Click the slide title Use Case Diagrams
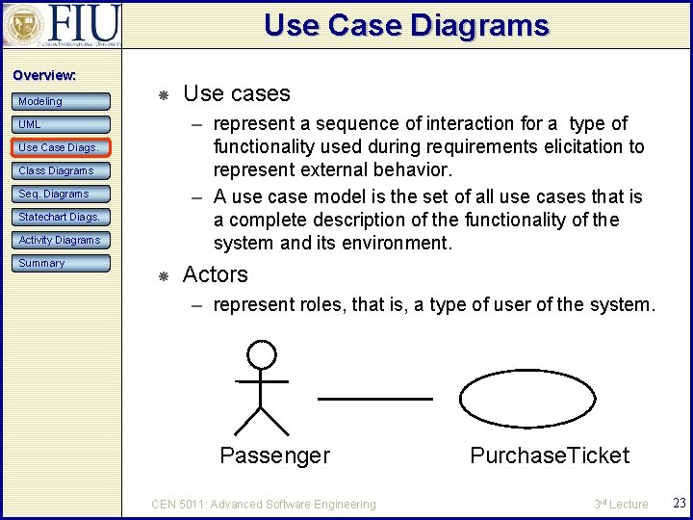[x=406, y=26]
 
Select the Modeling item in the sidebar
[x=62, y=101]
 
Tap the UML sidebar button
[x=62, y=124]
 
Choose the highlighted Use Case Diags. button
[x=62, y=147]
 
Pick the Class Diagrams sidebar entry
[x=62, y=170]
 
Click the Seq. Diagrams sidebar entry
[x=62, y=194]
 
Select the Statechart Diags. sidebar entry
[x=62, y=217]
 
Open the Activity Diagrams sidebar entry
[x=62, y=240]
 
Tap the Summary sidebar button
[x=62, y=263]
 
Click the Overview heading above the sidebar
[x=44, y=75]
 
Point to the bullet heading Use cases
[x=236, y=93]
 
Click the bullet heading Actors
[x=215, y=274]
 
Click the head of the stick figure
[x=261, y=355]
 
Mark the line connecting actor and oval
[x=374, y=398]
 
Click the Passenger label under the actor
[x=274, y=455]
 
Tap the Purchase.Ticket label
[x=549, y=455]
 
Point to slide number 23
[x=678, y=504]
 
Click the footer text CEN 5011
[x=264, y=504]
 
